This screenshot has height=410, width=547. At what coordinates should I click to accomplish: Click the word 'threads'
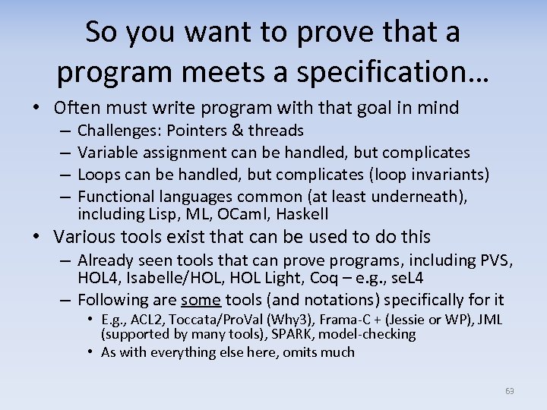click(278, 131)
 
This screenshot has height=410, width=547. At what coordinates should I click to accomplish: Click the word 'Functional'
click(114, 197)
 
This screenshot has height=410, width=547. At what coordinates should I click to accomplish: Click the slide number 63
click(509, 391)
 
